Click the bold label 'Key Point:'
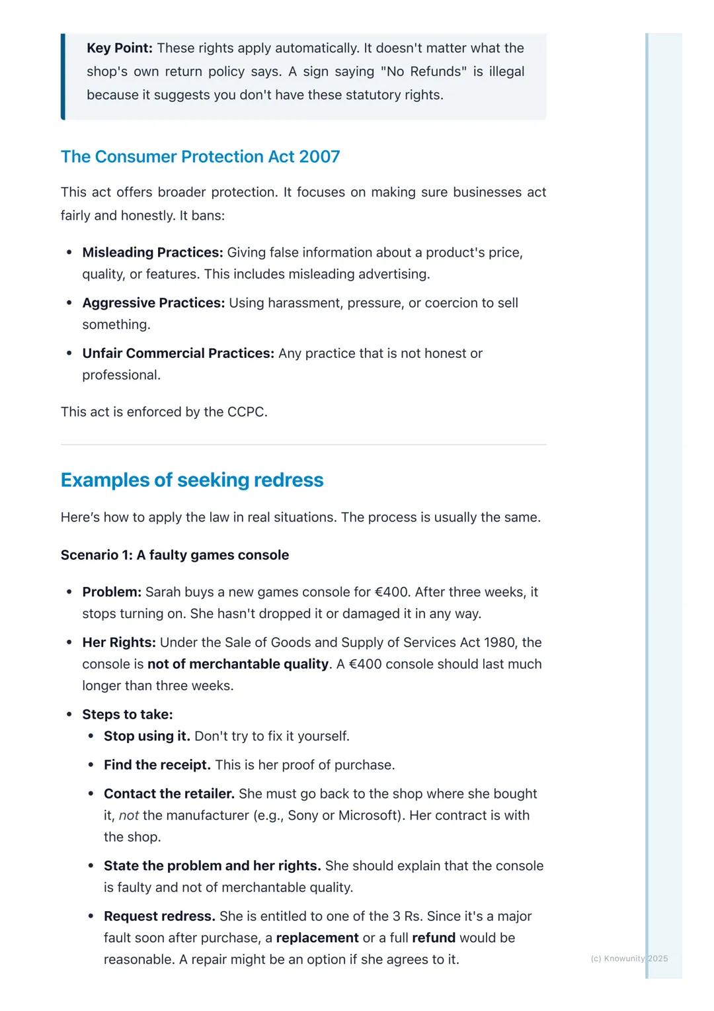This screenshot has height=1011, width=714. [119, 48]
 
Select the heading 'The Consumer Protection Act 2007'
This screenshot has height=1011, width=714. [200, 157]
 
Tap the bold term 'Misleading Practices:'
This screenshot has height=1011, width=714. [152, 253]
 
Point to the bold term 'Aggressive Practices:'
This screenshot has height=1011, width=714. [153, 303]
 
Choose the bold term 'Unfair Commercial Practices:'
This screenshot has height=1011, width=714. [178, 353]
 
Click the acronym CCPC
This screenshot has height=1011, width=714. [245, 412]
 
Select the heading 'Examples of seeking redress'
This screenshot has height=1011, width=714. [192, 480]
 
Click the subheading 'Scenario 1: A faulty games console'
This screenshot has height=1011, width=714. [175, 555]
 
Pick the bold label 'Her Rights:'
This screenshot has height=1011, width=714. [119, 642]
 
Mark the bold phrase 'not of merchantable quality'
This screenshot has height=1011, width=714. [238, 664]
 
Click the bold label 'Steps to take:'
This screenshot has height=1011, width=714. [127, 715]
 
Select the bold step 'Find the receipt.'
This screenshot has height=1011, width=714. [157, 765]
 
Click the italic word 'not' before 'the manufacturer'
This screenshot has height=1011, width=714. [128, 815]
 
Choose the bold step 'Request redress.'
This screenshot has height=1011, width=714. [159, 916]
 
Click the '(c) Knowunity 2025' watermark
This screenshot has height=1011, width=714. [629, 959]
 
